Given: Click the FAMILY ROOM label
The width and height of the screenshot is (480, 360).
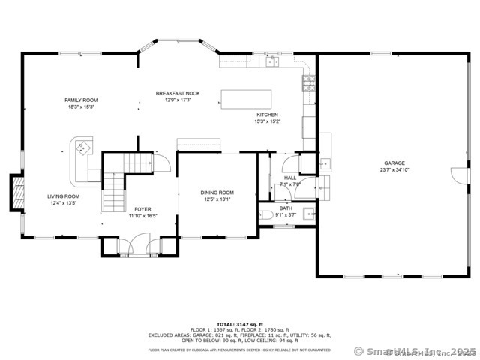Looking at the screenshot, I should coord(81,100).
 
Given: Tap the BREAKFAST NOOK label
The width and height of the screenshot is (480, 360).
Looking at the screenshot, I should coord(174,93).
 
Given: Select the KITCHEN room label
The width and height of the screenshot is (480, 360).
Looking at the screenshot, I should coord(268,115).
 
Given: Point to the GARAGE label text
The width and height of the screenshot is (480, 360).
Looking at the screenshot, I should coord(395,163).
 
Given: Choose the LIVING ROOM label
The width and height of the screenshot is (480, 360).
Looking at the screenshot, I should coord(64,196).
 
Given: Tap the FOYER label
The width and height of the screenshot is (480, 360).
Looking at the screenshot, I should coord(142,209).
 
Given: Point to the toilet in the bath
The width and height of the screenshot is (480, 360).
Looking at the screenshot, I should coord(266,216).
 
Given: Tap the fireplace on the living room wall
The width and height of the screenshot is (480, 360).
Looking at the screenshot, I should coord(14,192).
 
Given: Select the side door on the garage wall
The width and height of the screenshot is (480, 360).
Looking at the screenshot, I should coord(455,175).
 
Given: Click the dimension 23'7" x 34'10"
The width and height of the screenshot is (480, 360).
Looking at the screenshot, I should coord(395,170).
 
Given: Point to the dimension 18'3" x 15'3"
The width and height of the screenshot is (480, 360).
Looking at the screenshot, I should coord(81,107).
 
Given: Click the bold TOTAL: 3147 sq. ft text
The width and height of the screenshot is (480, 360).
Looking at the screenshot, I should coord(239,323).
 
